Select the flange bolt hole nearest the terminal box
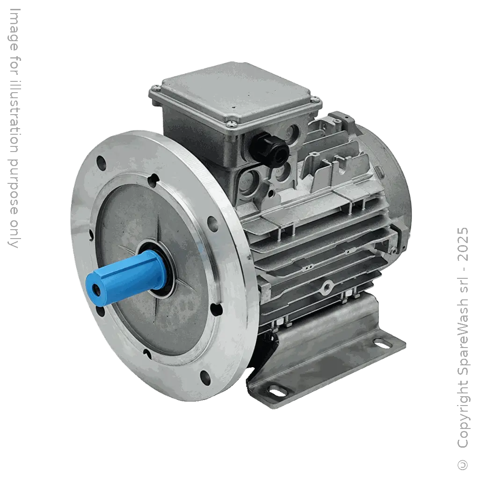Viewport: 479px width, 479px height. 213,224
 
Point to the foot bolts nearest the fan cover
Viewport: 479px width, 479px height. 348,295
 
